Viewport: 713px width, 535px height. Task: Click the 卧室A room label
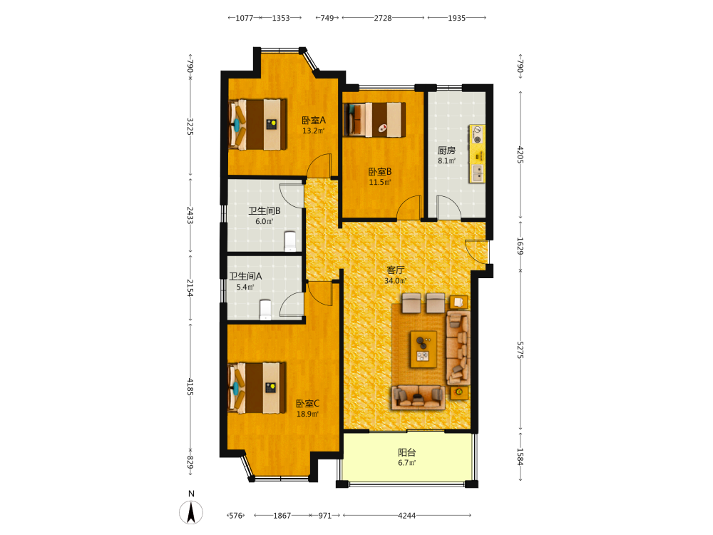(314, 120)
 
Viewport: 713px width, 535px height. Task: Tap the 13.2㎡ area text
(314, 131)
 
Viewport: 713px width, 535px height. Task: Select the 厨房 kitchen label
(446, 150)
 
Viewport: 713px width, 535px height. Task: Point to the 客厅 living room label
(396, 270)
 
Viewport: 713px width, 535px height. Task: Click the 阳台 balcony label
(407, 452)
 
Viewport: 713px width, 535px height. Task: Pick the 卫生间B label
(265, 211)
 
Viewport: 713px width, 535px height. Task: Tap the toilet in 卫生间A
(265, 310)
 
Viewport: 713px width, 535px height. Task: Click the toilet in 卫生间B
(290, 241)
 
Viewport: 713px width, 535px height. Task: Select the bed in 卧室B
(374, 120)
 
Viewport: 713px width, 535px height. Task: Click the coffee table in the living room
(424, 349)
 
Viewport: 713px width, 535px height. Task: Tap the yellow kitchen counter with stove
(477, 154)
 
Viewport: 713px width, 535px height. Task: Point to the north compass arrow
(191, 512)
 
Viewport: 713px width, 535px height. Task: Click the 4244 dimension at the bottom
(407, 516)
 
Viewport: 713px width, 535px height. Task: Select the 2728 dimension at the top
(383, 18)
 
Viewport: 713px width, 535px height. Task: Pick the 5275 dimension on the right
(520, 350)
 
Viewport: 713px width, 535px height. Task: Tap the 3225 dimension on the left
(190, 126)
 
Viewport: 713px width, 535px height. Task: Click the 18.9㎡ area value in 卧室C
(307, 414)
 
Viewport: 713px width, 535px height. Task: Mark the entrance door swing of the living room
(476, 251)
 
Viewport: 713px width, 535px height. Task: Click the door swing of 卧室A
(319, 165)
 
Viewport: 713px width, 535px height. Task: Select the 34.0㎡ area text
(396, 280)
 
